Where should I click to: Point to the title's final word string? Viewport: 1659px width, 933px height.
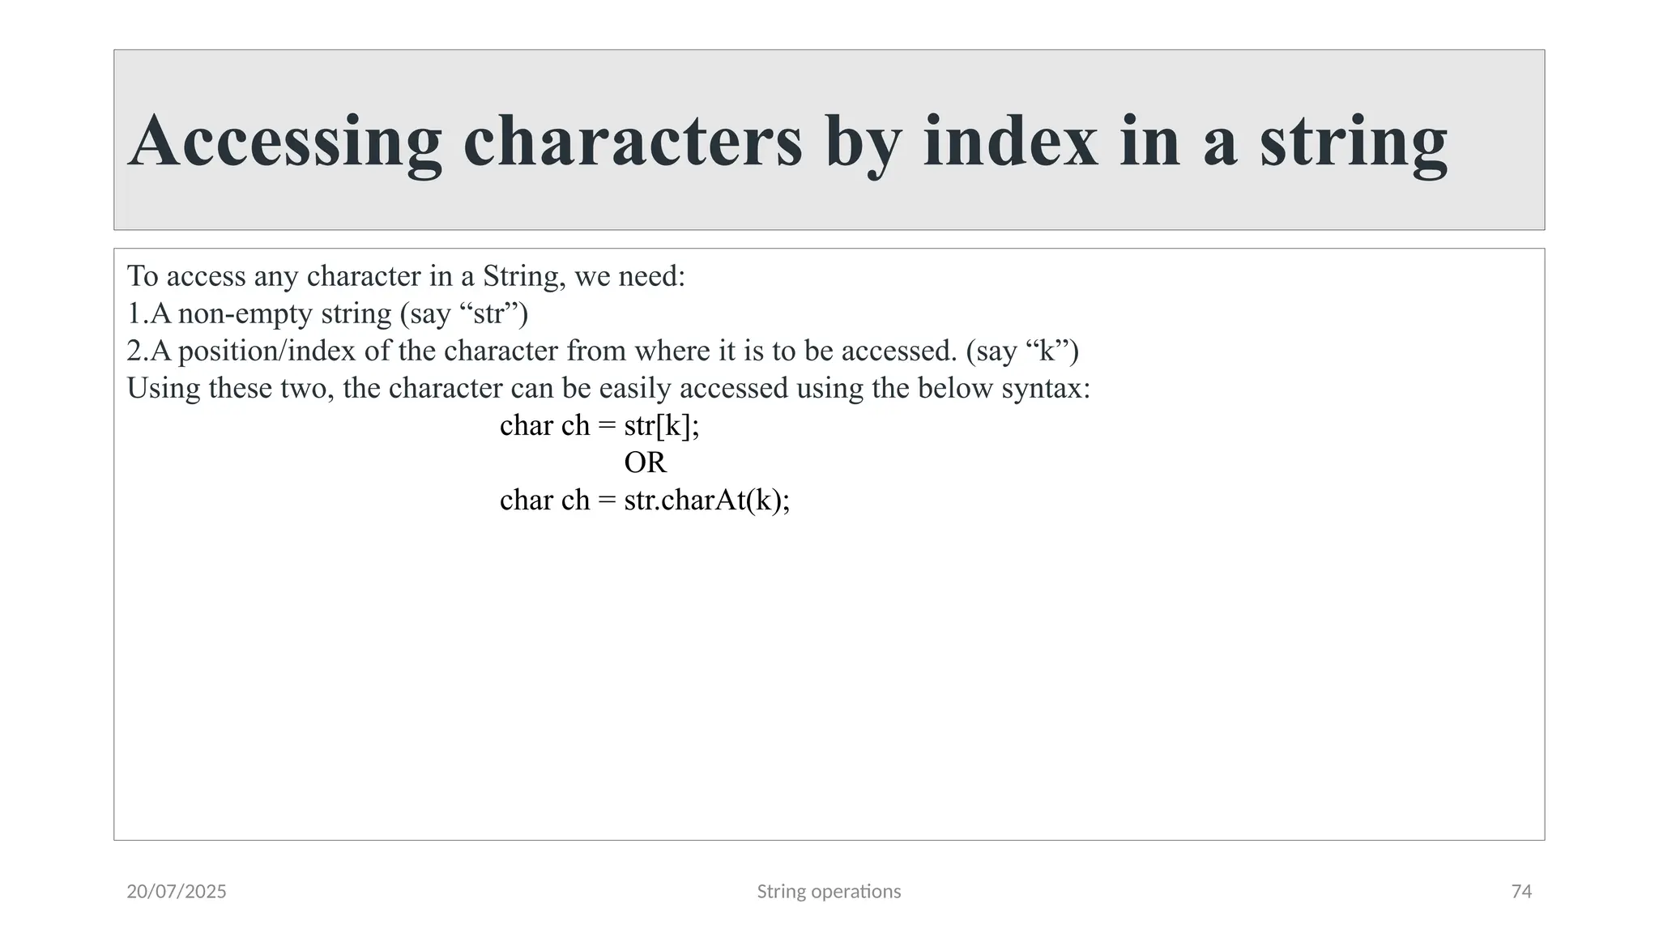point(1353,144)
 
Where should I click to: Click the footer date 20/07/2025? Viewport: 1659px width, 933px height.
point(177,892)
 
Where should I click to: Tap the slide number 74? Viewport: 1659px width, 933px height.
point(1521,892)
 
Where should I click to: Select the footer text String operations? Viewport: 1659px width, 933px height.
point(829,892)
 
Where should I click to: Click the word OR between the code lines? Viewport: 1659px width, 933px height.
point(645,462)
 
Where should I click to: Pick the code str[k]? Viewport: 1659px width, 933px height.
point(662,426)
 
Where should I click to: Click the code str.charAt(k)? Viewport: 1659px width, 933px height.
point(707,501)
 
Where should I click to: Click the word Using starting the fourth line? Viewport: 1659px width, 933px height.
point(164,389)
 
